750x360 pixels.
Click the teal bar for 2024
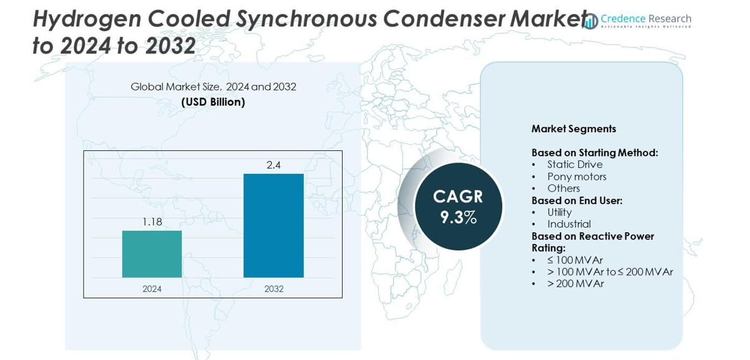pyautogui.click(x=152, y=254)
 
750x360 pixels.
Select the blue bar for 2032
pyautogui.click(x=273, y=225)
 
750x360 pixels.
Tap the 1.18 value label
pyautogui.click(x=152, y=221)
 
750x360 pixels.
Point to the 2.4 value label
pyautogui.click(x=273, y=165)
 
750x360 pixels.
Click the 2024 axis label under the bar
pyautogui.click(x=152, y=289)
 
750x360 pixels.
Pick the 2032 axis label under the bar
pyautogui.click(x=273, y=289)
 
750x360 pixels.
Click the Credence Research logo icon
pyautogui.click(x=590, y=21)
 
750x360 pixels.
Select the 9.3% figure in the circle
pyautogui.click(x=458, y=217)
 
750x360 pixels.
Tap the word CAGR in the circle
pyautogui.click(x=458, y=197)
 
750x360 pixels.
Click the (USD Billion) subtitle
pyautogui.click(x=213, y=102)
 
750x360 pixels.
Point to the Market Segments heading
pyautogui.click(x=573, y=129)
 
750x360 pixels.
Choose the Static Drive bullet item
pyautogui.click(x=575, y=165)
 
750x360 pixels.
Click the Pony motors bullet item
pyautogui.click(x=577, y=177)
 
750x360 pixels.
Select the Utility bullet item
pyautogui.click(x=559, y=212)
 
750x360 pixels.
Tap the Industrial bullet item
pyautogui.click(x=568, y=224)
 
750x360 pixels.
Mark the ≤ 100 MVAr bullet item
pyautogui.click(x=575, y=260)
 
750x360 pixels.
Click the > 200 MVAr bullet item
pyautogui.click(x=575, y=284)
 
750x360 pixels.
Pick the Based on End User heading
pyautogui.click(x=577, y=200)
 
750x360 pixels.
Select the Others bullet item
pyautogui.click(x=563, y=188)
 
